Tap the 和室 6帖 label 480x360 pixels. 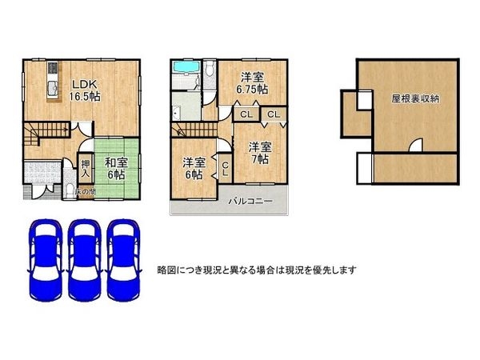[x=115, y=168]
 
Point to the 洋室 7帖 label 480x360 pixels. [x=257, y=153]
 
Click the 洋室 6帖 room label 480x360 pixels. [x=194, y=167]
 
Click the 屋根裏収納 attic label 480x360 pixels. [x=414, y=100]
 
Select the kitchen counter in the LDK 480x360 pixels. [x=52, y=84]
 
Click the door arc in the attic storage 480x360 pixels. [x=415, y=146]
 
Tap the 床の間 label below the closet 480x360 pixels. [x=85, y=192]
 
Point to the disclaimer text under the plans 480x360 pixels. [x=257, y=270]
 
